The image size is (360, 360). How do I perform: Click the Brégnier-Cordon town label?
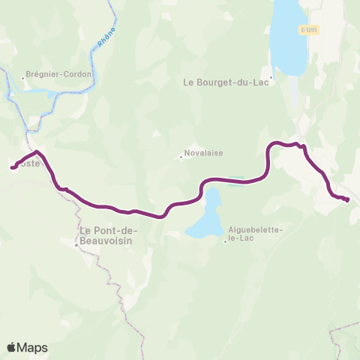(x=59, y=74)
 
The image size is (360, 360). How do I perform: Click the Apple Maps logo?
(x=27, y=347)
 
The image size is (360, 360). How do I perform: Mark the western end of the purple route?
(x=13, y=168)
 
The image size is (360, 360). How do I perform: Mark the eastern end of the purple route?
(x=348, y=199)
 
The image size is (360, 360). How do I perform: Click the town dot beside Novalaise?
(x=181, y=157)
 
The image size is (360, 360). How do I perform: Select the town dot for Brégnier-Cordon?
(x=23, y=76)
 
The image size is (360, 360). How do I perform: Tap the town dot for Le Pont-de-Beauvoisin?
(x=76, y=244)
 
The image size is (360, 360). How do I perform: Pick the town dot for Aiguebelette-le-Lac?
(x=225, y=241)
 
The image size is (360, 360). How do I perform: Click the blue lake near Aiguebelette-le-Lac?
(x=202, y=217)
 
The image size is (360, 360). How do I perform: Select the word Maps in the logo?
(x=33, y=347)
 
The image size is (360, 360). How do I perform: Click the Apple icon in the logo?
(x=12, y=347)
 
